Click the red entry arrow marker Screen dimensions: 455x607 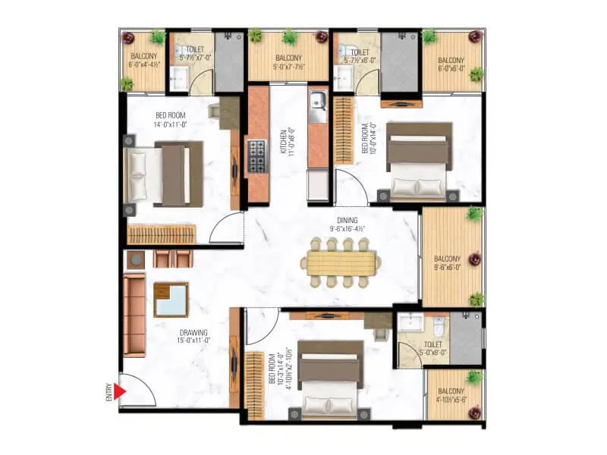coord(119,391)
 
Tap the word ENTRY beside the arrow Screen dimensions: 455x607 coord(109,391)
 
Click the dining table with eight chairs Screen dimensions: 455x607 coord(341,263)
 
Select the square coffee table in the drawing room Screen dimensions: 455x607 coord(171,299)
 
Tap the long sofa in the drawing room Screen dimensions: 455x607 coord(134,315)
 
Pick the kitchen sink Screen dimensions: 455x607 coord(318,102)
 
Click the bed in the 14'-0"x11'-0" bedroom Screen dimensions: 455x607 coord(165,174)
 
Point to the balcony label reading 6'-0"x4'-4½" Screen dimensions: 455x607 coord(144,61)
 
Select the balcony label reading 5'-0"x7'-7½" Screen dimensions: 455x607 coord(288,61)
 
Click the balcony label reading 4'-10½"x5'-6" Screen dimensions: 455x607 coord(454,394)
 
